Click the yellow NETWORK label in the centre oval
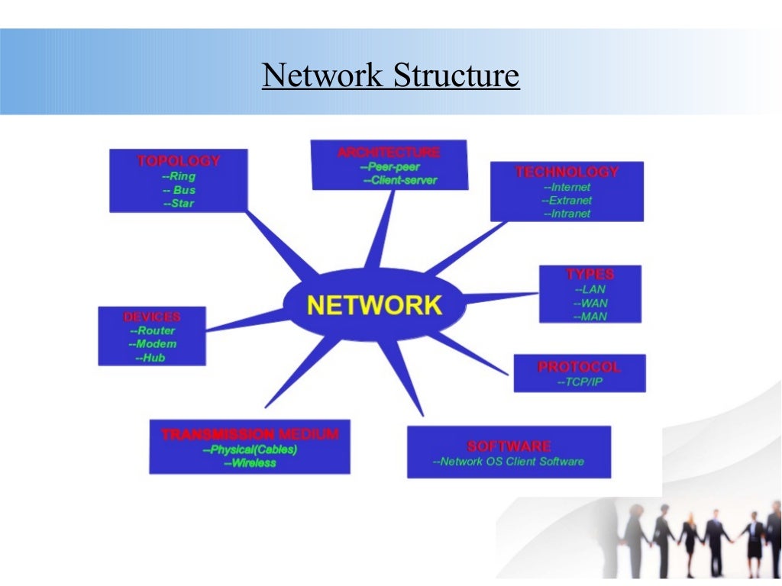(374, 305)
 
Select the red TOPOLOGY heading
(179, 161)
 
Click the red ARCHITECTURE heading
(389, 153)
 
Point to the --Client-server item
(399, 181)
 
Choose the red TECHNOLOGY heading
(567, 172)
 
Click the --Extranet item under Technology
(567, 201)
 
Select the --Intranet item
(567, 214)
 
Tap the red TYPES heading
(590, 274)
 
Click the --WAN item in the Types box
(590, 303)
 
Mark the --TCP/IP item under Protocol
(580, 382)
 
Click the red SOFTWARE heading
(509, 446)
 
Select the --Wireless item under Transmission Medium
(250, 463)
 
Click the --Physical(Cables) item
(250, 449)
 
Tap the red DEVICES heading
(152, 317)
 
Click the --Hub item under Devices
(150, 358)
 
